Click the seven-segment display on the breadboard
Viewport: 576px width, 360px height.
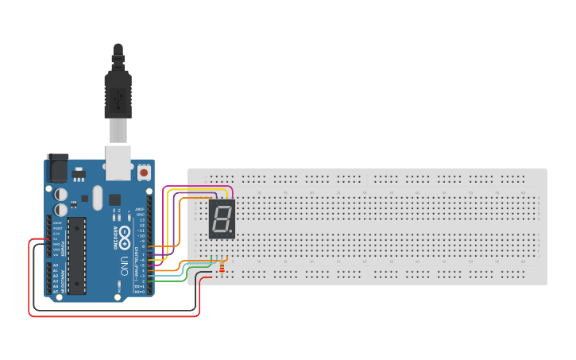coord(222,219)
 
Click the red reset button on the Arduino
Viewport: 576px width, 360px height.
coord(144,172)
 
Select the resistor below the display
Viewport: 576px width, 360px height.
coord(222,268)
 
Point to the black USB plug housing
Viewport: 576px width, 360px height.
coord(118,92)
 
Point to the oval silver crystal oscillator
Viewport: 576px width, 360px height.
coord(97,197)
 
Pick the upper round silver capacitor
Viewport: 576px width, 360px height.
coord(61,193)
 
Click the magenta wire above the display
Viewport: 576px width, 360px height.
coord(199,187)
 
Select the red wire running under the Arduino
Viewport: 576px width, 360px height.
coord(111,315)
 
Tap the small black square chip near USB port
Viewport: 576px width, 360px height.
coord(115,199)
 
